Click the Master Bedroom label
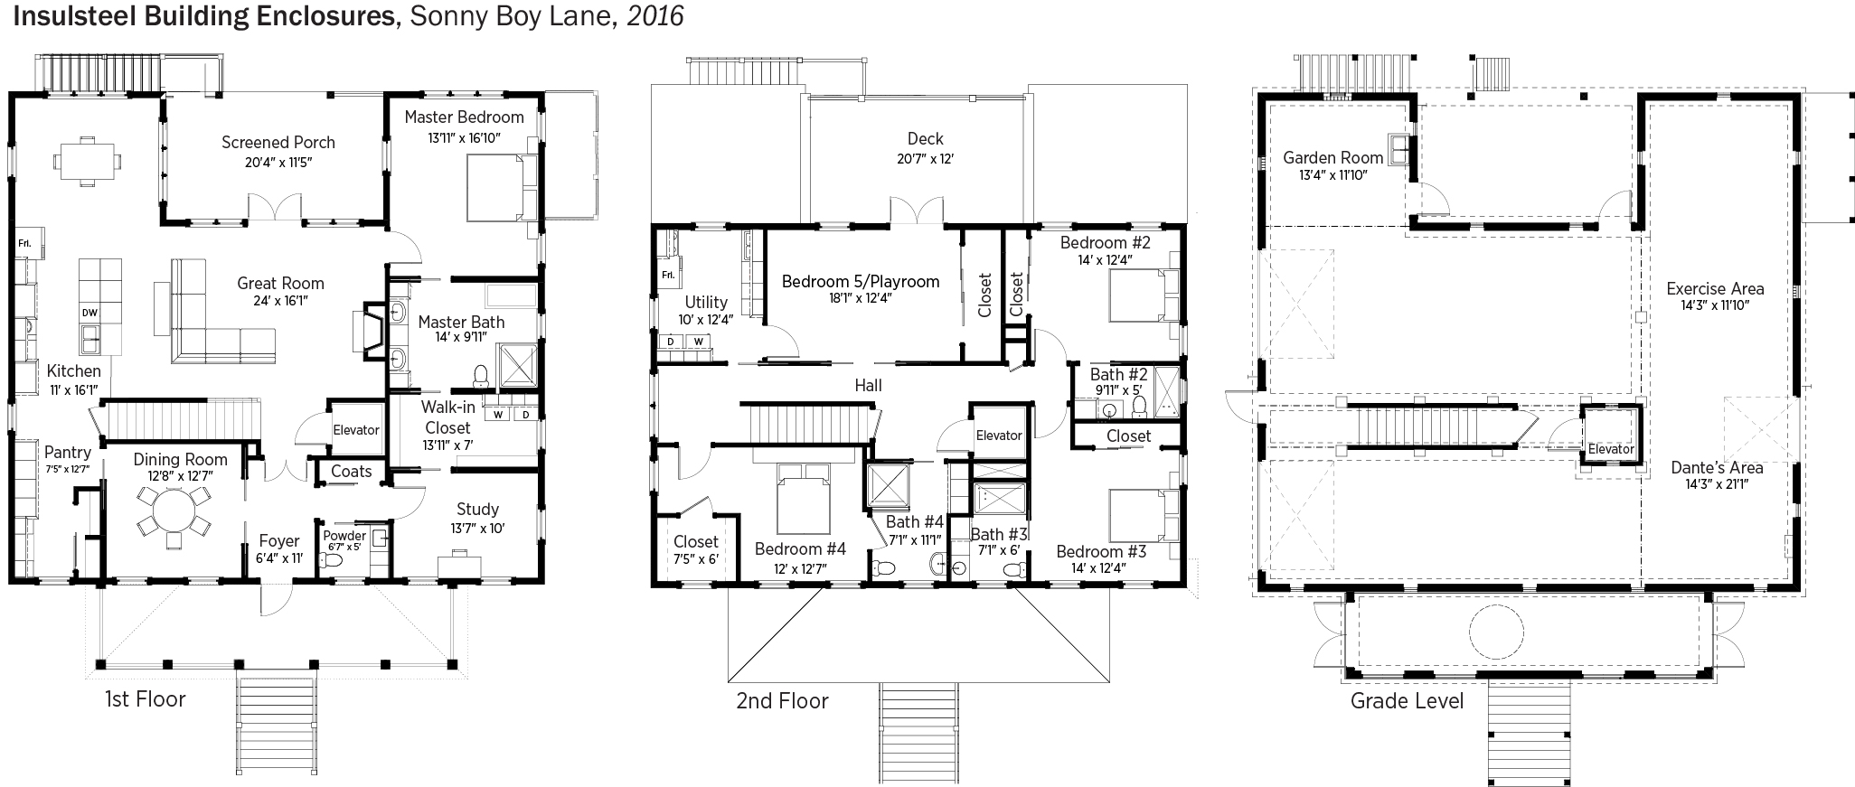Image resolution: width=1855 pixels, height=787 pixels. coord(464,117)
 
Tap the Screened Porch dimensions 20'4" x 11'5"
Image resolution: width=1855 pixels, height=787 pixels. coord(278,163)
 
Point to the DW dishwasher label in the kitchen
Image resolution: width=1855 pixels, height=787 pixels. coord(89,313)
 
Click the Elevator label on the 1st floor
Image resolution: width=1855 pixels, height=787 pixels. coord(356,429)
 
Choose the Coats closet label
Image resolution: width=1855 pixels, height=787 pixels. coord(351,471)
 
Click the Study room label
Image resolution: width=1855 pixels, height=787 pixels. coord(477,510)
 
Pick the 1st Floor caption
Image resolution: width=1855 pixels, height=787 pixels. coord(146,698)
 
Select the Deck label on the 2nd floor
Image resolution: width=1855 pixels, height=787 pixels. coord(925,138)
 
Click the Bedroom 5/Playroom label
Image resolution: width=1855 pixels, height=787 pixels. coord(861,281)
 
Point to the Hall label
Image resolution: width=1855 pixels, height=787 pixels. coord(869,386)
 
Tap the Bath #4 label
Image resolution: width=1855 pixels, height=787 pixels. coord(915,521)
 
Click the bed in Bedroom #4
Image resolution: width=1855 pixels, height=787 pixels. coord(802,500)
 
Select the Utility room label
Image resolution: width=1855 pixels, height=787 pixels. coord(706,302)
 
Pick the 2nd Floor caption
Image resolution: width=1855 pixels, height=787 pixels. coord(782,700)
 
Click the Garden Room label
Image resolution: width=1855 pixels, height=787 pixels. coord(1333,157)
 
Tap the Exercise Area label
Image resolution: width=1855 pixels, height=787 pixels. coord(1716,289)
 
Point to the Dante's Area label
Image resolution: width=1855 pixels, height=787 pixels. coord(1717,467)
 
